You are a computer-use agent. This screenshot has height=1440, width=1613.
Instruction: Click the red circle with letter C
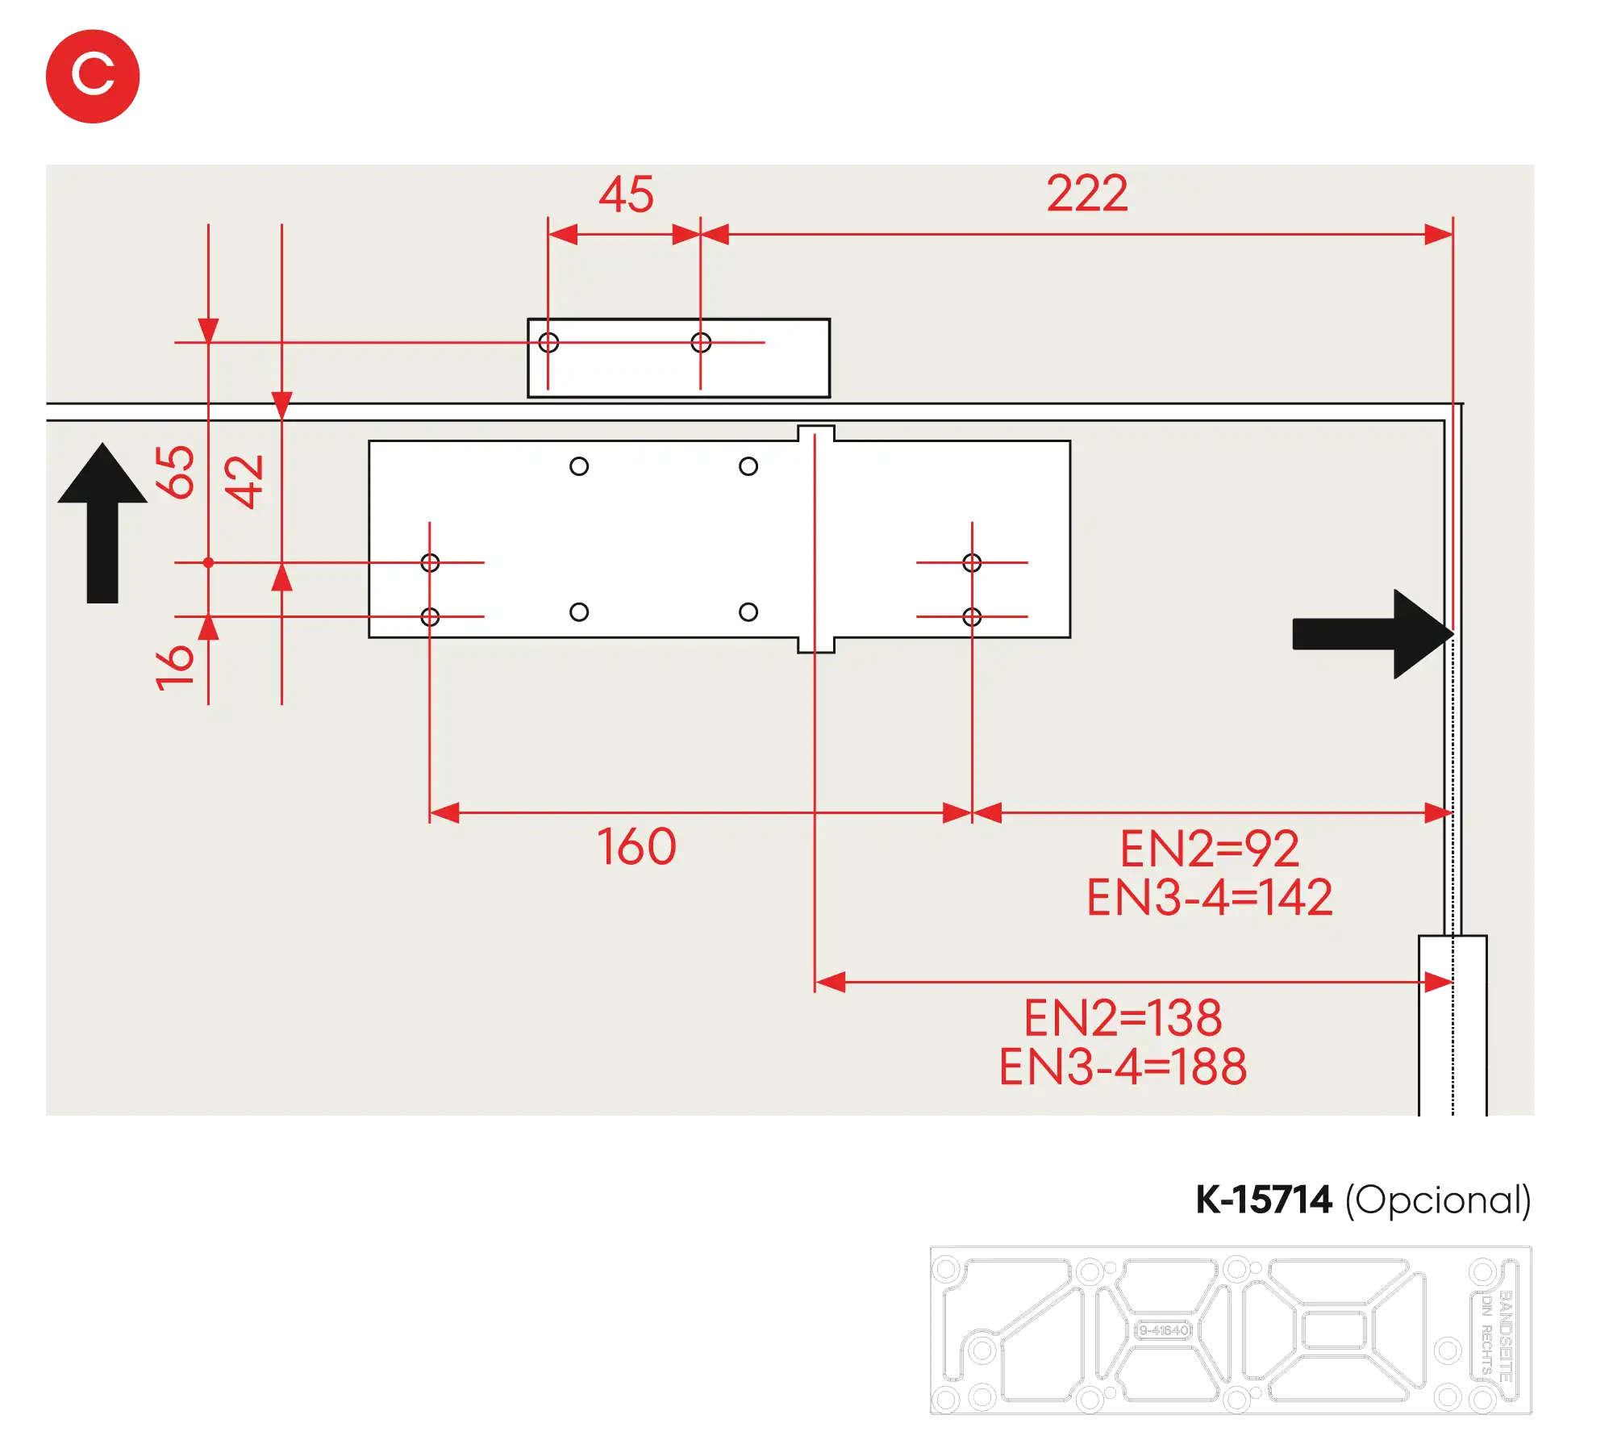pos(93,76)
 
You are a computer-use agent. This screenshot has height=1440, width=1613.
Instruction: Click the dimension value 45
pos(626,195)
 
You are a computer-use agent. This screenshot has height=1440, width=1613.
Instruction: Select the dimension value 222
pos(1086,194)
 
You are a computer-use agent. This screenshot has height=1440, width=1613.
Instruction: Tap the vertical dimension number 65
pos(175,472)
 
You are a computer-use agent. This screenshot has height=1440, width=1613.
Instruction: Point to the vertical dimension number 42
pos(244,482)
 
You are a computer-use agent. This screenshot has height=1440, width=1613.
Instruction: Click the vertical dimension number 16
pos(175,667)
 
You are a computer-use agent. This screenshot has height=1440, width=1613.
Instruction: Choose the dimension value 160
pos(636,847)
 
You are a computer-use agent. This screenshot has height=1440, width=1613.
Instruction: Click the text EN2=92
pos(1209,849)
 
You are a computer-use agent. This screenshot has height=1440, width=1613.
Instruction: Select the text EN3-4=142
pos(1209,897)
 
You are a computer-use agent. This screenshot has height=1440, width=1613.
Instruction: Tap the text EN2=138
pos(1123,1018)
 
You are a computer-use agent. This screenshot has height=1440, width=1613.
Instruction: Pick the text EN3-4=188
pos(1123,1066)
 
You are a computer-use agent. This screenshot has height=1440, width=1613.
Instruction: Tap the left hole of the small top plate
pos(548,343)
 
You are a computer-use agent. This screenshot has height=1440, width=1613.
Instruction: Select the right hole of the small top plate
pos(701,343)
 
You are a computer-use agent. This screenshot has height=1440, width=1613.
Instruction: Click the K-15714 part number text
pos(1262,1200)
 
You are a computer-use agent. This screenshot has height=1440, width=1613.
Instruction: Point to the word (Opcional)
pos(1440,1200)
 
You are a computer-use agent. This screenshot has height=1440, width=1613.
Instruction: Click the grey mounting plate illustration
pos(1231,1332)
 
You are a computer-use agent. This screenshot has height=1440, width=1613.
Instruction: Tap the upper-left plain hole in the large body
pos(579,466)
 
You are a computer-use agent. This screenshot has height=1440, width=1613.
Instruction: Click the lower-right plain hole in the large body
pos(748,612)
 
